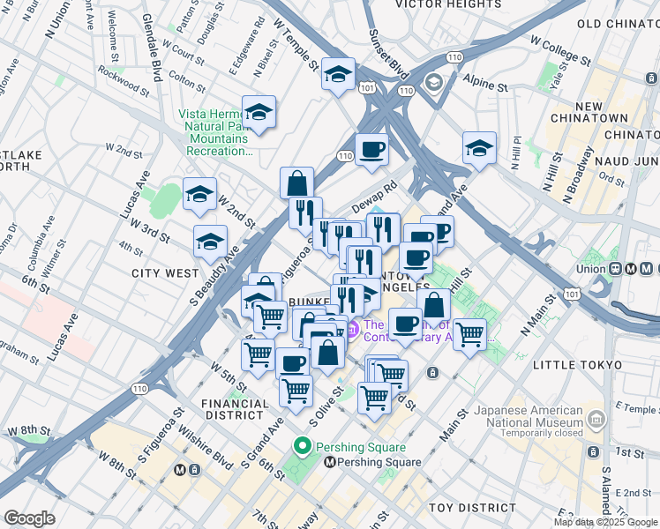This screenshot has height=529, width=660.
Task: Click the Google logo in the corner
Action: coord(29,518)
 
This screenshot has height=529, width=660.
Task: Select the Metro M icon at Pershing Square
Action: coord(330,462)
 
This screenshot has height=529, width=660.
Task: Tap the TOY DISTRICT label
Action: coord(472,508)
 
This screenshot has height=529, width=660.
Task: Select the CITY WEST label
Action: coord(165,273)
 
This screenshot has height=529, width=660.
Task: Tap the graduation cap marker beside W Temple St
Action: coord(338,76)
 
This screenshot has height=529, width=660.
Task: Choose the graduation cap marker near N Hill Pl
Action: coord(479,150)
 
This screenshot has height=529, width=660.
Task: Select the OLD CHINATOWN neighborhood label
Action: coord(617,24)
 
